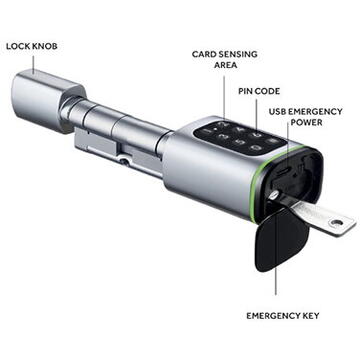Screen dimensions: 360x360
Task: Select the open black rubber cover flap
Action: coord(281,240)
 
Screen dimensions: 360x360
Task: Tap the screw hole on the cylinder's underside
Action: coord(123,158)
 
